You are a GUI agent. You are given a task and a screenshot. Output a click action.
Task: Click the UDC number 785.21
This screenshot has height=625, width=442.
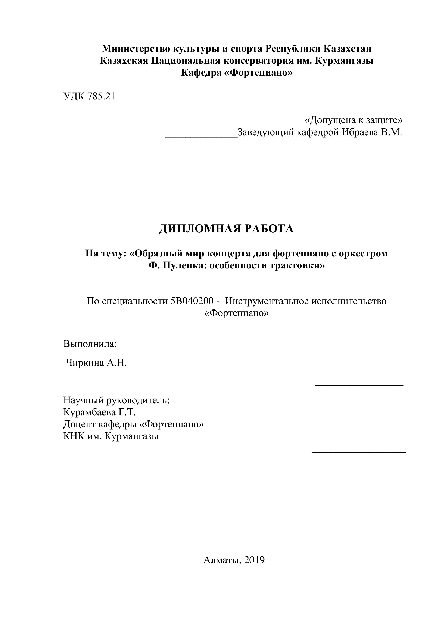pos(101,96)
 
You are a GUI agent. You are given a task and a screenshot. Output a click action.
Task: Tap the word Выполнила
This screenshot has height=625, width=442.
pos(90,344)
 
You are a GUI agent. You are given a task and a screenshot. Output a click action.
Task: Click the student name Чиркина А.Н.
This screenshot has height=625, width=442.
pos(96,363)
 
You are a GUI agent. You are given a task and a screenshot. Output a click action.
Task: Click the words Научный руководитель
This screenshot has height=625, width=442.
pos(116,400)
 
